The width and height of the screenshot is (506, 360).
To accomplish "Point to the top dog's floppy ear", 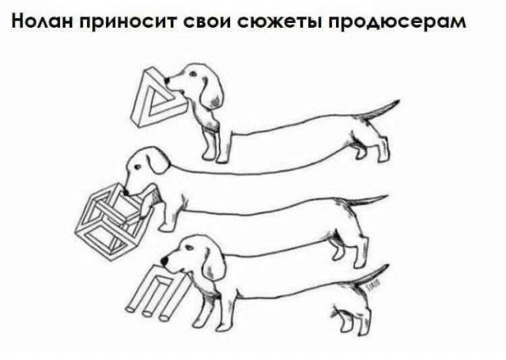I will point(211,89).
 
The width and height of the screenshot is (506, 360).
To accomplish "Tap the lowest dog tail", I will point(372,273).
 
